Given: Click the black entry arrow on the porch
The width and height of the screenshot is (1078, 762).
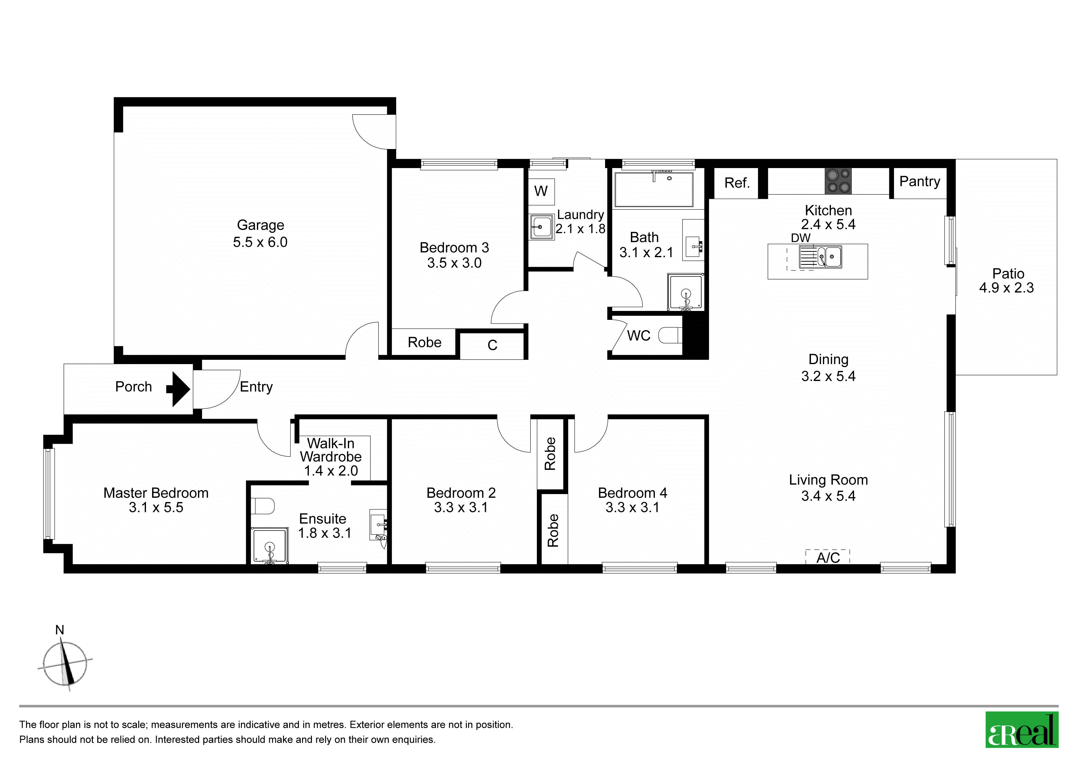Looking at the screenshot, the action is tap(179, 389).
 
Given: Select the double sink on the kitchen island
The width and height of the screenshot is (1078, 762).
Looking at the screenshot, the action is tap(821, 257).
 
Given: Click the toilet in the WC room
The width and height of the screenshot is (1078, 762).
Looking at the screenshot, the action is tap(670, 336).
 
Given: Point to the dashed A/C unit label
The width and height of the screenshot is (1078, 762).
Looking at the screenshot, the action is tap(828, 557).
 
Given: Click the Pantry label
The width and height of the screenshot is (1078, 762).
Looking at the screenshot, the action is tap(920, 182).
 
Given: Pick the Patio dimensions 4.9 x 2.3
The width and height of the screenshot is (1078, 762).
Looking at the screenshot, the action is tap(1006, 288).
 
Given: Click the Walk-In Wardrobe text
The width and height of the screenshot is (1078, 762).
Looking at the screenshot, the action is tap(331, 450).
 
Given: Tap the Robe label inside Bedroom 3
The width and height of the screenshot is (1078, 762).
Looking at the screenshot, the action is tap(424, 342).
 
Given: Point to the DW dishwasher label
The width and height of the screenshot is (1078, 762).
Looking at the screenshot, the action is tap(801, 238).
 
